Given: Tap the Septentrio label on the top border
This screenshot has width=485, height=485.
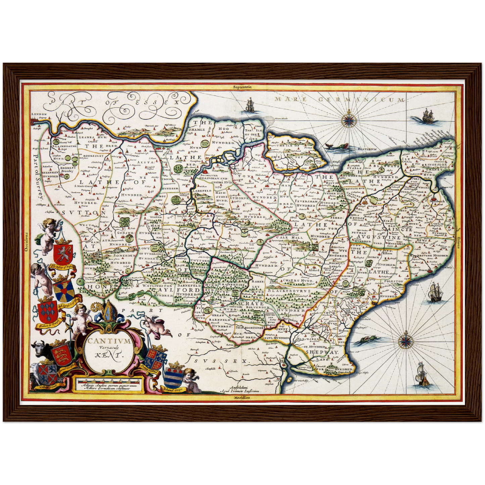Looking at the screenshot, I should (243, 87).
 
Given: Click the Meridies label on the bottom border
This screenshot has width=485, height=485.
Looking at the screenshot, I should (243, 397).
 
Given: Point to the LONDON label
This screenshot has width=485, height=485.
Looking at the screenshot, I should (38, 114).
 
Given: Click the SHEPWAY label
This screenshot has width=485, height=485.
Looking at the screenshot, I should (322, 352).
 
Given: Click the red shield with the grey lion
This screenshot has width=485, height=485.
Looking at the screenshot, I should (63, 252).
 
